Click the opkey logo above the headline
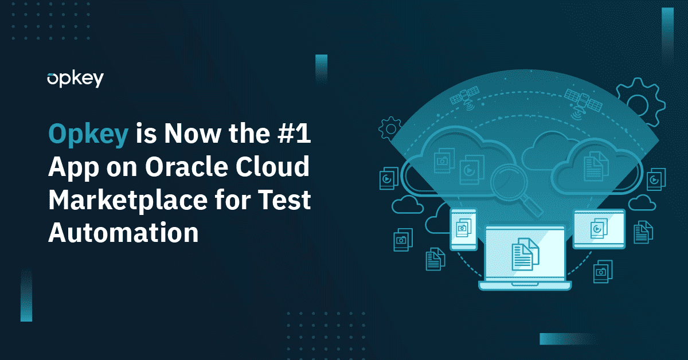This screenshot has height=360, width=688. click(75, 79)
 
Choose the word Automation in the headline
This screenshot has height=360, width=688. click(123, 233)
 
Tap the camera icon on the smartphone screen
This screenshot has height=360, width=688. click(461, 229)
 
